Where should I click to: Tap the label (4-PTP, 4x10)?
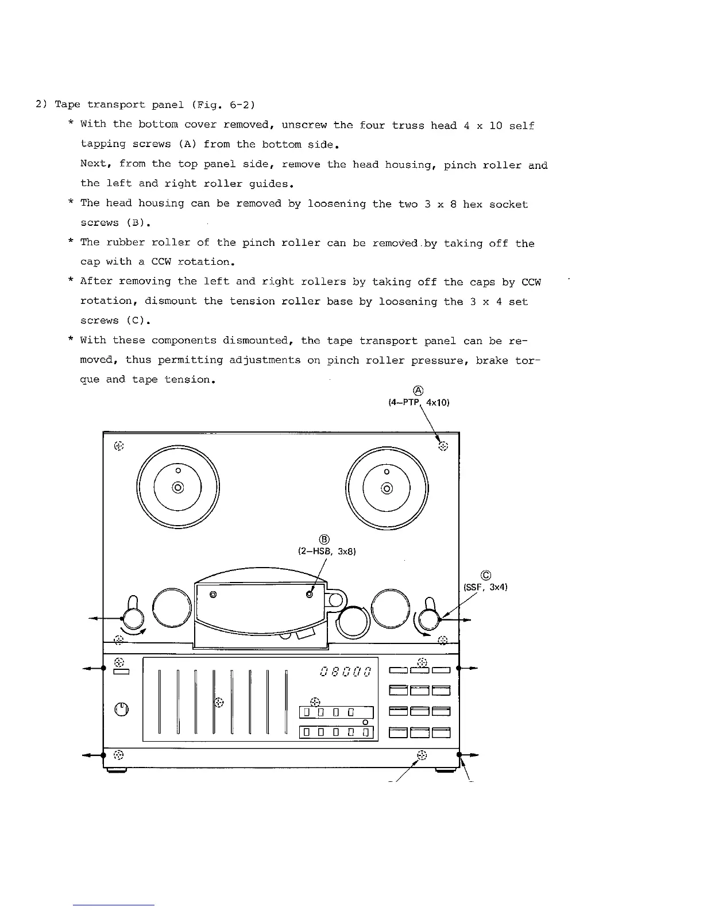pyautogui.click(x=419, y=403)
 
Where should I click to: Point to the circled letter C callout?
pyautogui.click(x=486, y=575)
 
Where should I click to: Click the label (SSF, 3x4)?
pyautogui.click(x=485, y=587)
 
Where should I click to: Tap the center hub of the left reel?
pyautogui.click(x=178, y=488)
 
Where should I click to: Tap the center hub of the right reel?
pyautogui.click(x=387, y=488)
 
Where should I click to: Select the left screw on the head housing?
pyautogui.click(x=213, y=594)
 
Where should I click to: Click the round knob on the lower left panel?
pyautogui.click(x=121, y=709)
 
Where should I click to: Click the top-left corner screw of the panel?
pyautogui.click(x=118, y=445)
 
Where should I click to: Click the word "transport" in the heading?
pyautogui.click(x=116, y=105)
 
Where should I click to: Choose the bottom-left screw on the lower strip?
pyautogui.click(x=118, y=754)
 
